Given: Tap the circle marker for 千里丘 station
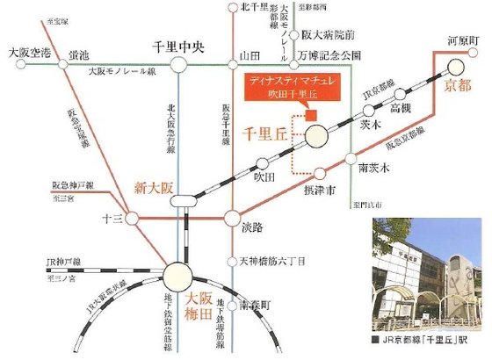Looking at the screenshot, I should click(x=319, y=136).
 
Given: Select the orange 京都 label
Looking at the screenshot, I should click(x=458, y=85).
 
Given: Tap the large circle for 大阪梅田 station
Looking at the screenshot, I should click(x=181, y=275).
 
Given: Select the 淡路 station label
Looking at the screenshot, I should click(x=252, y=227).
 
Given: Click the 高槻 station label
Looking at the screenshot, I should click(x=400, y=107).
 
